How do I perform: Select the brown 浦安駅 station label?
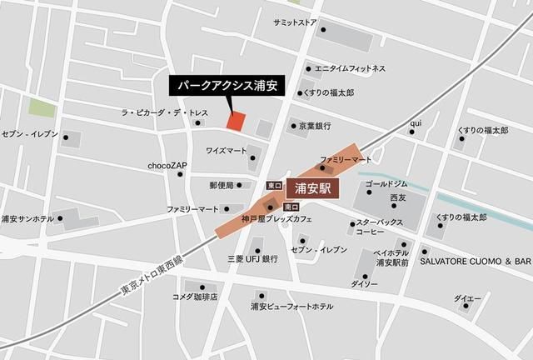click(314, 189)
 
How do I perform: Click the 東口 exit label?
click(274, 185)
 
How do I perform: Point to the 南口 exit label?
click(291, 206)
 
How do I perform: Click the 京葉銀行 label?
click(315, 126)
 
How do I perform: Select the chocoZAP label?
click(167, 166)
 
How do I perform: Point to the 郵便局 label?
click(222, 185)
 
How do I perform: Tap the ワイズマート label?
click(226, 151)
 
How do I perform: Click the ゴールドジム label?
click(386, 182)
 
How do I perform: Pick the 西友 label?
click(397, 197)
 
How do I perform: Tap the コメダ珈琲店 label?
click(194, 297)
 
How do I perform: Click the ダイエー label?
click(467, 298)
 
